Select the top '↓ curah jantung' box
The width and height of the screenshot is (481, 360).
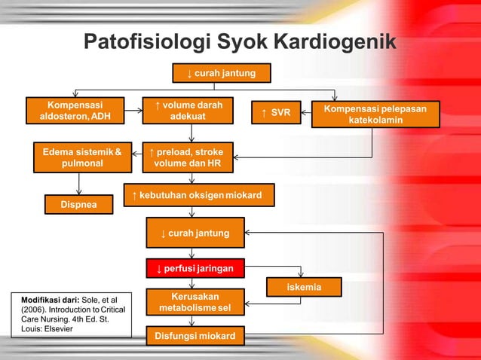point(220,73)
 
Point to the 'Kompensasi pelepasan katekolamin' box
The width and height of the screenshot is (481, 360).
point(375,114)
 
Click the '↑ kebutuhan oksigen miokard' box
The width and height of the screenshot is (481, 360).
point(198,196)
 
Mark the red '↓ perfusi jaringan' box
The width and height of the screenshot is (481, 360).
point(195,268)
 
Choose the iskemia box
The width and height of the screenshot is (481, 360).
point(304,287)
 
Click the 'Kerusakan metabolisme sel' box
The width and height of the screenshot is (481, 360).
point(195,302)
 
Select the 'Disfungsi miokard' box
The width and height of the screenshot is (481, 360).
point(195,335)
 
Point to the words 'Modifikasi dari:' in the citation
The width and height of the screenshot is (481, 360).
point(46,301)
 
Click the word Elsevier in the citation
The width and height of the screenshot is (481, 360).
point(56,330)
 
